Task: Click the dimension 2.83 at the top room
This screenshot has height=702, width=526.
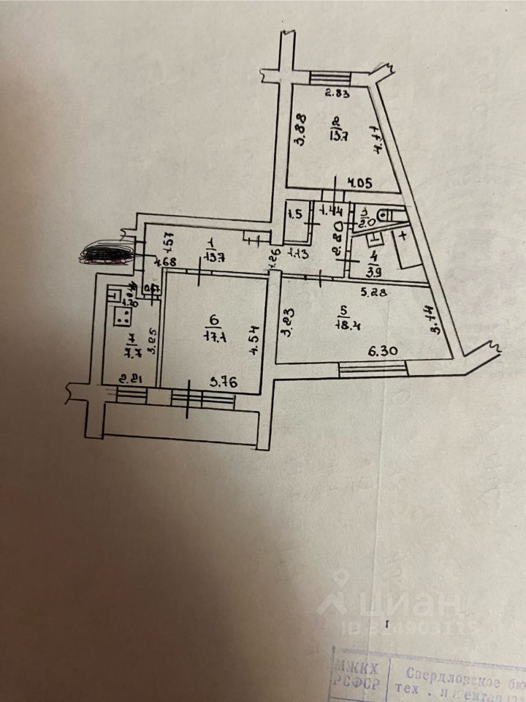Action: click(338, 93)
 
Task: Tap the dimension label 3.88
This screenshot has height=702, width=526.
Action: click(300, 130)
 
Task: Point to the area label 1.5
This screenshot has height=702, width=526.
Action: click(295, 214)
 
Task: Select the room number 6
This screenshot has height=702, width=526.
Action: click(213, 320)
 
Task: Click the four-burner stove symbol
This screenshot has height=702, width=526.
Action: click(121, 316)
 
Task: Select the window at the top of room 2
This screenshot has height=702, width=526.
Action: click(331, 77)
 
